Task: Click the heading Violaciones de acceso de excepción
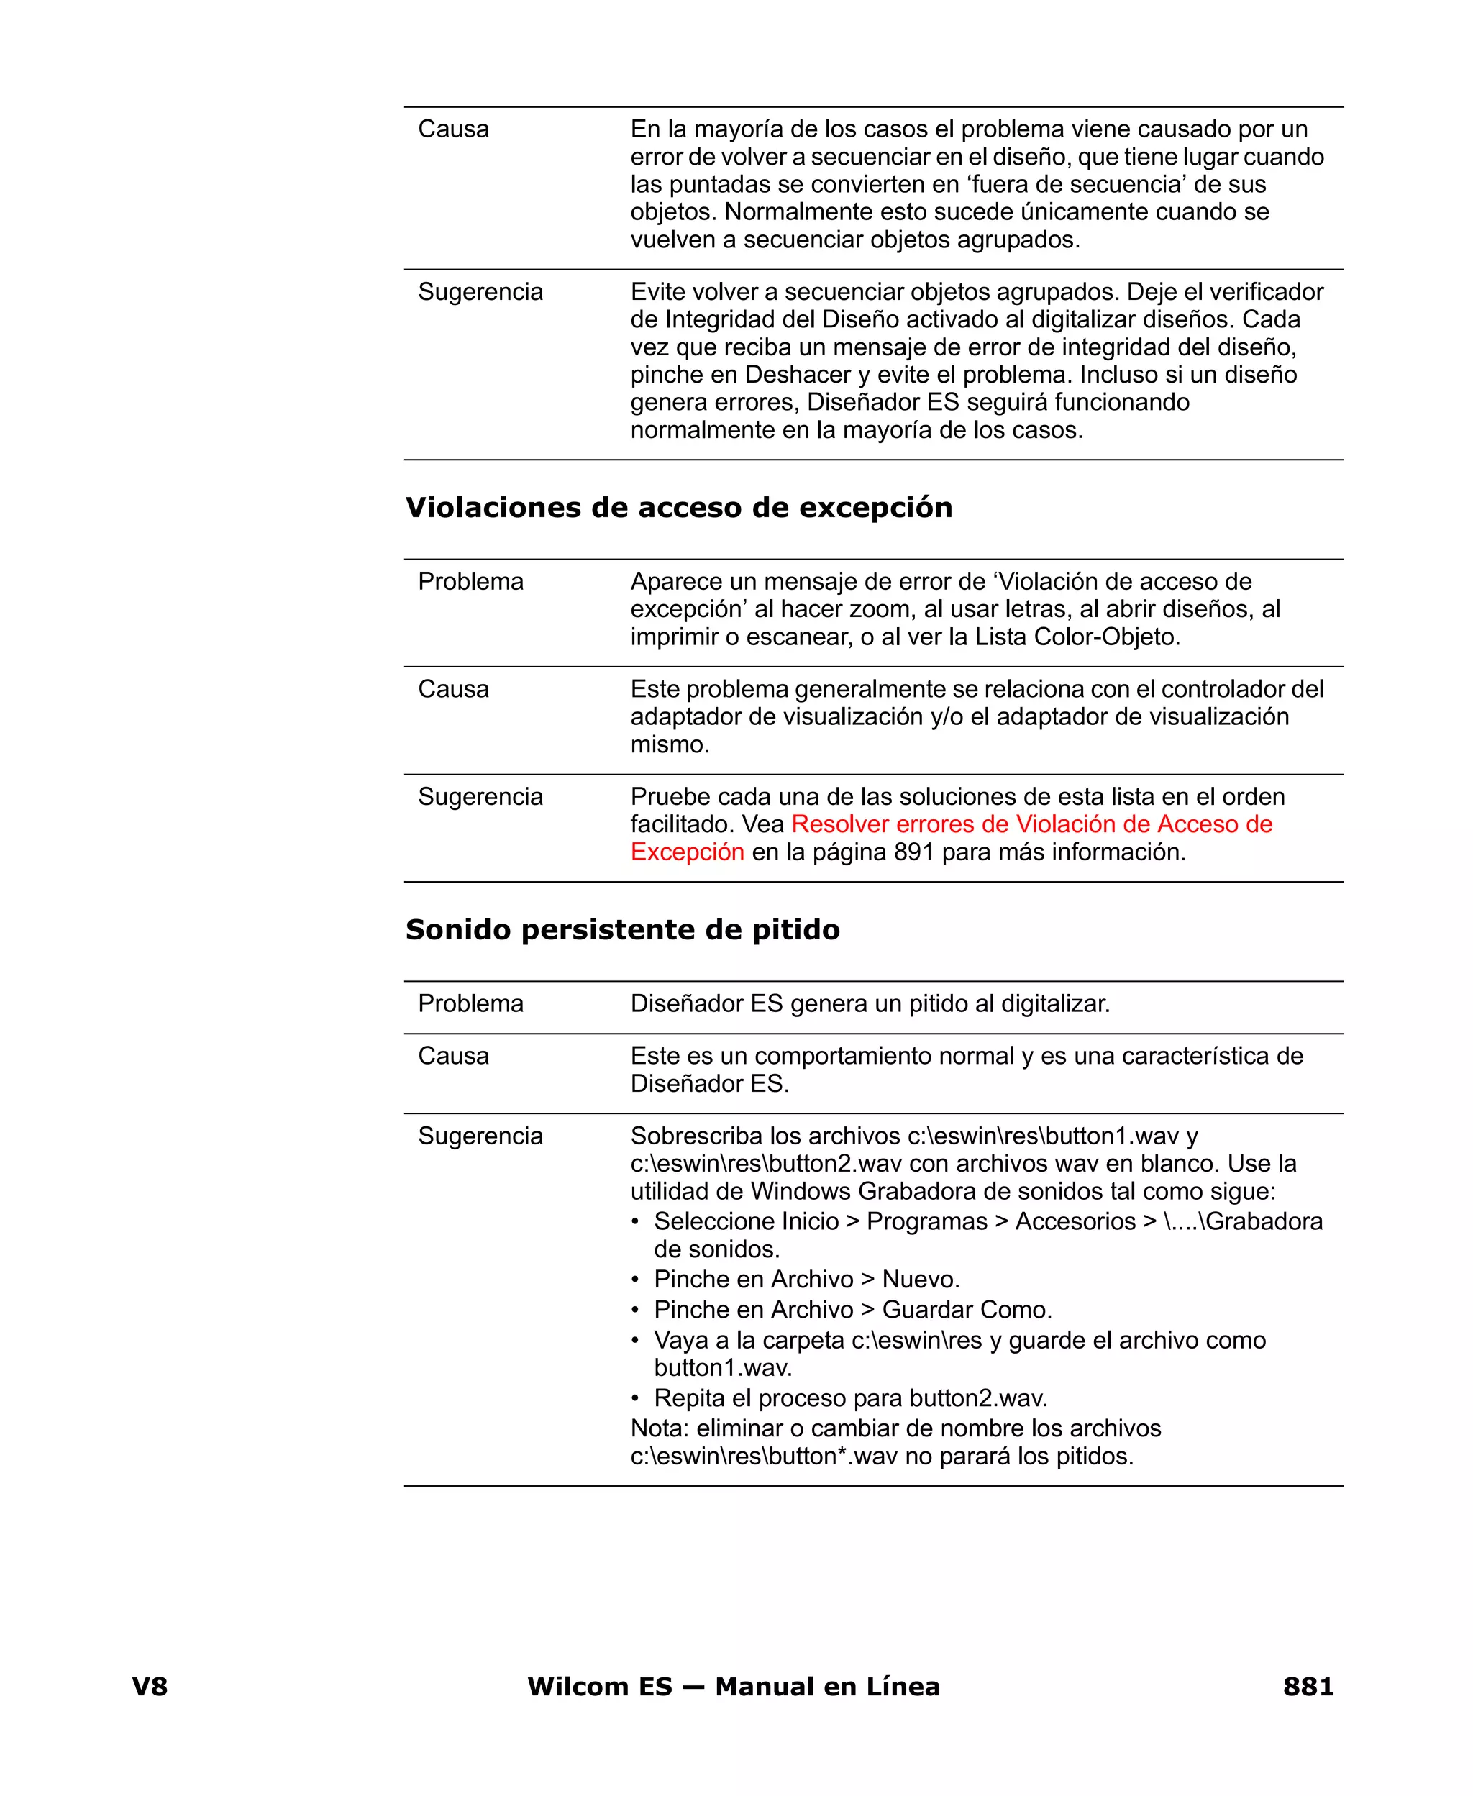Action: coord(679,509)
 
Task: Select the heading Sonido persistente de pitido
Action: coord(623,930)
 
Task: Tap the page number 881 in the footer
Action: coord(1308,1687)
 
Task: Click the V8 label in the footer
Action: coord(150,1687)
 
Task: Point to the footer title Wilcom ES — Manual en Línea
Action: coord(734,1687)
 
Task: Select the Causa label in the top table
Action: coord(453,129)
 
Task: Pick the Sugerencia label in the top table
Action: coord(480,293)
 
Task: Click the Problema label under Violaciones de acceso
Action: coord(471,582)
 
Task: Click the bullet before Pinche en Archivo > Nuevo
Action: coord(636,1280)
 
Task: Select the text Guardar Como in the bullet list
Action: coord(967,1310)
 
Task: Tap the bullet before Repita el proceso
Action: coord(636,1399)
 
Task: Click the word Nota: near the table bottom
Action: coord(660,1429)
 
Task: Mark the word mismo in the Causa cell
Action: coord(669,745)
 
